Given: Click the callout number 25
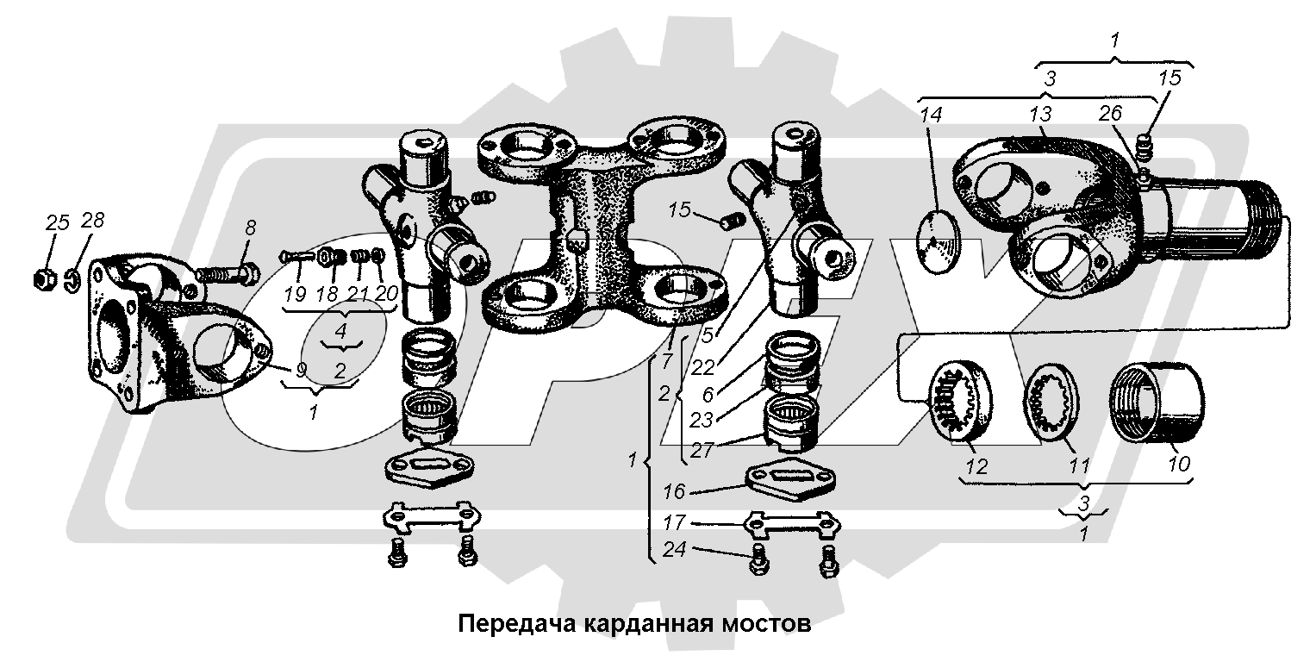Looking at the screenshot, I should [x=57, y=223].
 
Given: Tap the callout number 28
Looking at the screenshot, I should [x=92, y=221].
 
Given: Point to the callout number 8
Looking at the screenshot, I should [x=250, y=228].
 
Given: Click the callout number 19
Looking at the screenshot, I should [x=295, y=293].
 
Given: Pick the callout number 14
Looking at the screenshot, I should [x=932, y=115].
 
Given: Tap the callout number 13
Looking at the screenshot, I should [x=1040, y=115].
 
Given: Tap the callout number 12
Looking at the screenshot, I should [x=976, y=466].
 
